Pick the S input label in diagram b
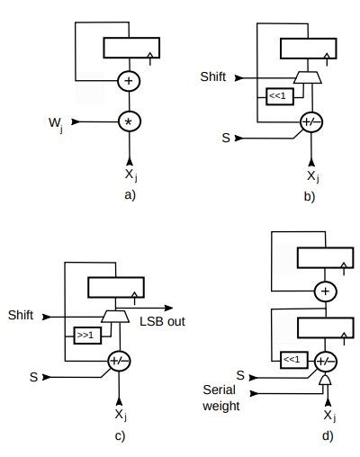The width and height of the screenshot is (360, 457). tap(225, 138)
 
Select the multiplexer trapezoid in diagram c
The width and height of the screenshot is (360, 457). tap(116, 316)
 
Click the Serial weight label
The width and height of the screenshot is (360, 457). tap(220, 399)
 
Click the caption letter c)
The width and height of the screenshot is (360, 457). tap(119, 436)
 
